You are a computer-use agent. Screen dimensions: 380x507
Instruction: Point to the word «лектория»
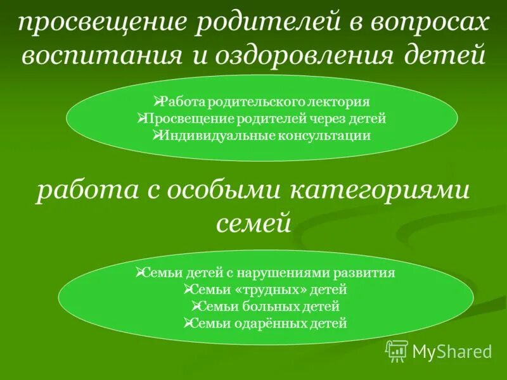342,101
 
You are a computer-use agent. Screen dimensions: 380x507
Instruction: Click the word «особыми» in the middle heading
229,191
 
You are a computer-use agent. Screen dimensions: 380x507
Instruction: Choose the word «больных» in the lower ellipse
276,307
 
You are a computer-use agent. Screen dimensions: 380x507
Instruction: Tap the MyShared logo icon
396,350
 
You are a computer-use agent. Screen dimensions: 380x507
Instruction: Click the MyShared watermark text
452,351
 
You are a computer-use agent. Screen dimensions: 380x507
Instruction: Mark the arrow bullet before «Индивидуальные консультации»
158,135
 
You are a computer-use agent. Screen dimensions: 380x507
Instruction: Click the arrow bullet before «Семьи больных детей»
195,307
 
